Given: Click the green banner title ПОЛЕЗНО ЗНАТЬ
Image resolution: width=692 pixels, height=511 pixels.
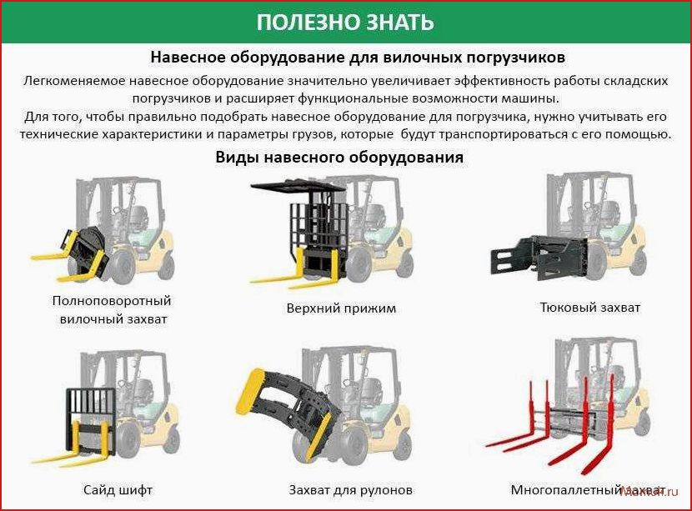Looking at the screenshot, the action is pyautogui.click(x=345, y=22).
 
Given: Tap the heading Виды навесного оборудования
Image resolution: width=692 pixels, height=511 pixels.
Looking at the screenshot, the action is pyautogui.click(x=339, y=157).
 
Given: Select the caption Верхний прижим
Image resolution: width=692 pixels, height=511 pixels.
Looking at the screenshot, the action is pyautogui.click(x=341, y=308).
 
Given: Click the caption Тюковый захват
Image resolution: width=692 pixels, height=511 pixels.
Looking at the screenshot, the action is pyautogui.click(x=590, y=307).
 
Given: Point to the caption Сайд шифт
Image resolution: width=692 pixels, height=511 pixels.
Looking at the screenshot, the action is pyautogui.click(x=118, y=490).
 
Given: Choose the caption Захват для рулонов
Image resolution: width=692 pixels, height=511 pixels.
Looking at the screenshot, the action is pyautogui.click(x=351, y=490).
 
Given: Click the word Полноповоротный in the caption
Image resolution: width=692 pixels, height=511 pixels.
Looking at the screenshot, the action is pyautogui.click(x=112, y=301).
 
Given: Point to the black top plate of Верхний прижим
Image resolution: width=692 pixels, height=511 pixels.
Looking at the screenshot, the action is pyautogui.click(x=297, y=187).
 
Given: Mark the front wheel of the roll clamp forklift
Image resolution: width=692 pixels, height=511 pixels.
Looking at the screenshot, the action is pyautogui.click(x=351, y=447).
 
